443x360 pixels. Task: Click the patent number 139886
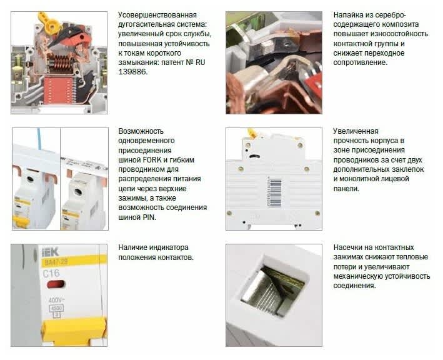tap(132, 72)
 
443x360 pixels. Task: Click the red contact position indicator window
tap(56, 284)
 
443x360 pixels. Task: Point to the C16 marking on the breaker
tap(51, 273)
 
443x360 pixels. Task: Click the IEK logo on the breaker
tap(50, 252)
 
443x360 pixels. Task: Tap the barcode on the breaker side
tap(274, 192)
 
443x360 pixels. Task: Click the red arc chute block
tap(59, 91)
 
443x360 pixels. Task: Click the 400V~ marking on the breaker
tap(56, 300)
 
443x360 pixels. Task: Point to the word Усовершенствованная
tap(157, 15)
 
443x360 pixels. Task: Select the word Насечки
tap(347, 247)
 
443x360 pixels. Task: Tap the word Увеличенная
tap(356, 131)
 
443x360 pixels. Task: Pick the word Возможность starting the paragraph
tap(141, 131)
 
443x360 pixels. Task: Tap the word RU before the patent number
tap(200, 62)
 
